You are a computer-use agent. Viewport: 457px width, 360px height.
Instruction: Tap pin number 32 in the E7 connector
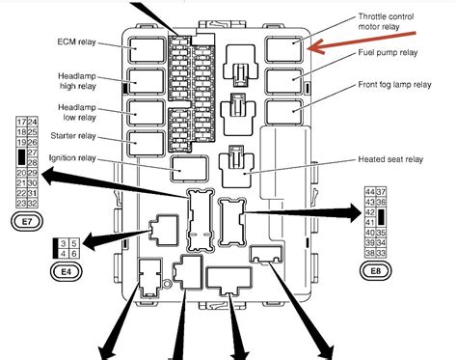[34, 204]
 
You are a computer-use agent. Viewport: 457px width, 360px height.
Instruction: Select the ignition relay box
[185, 168]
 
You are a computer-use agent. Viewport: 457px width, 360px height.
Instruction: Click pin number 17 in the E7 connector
[22, 122]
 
